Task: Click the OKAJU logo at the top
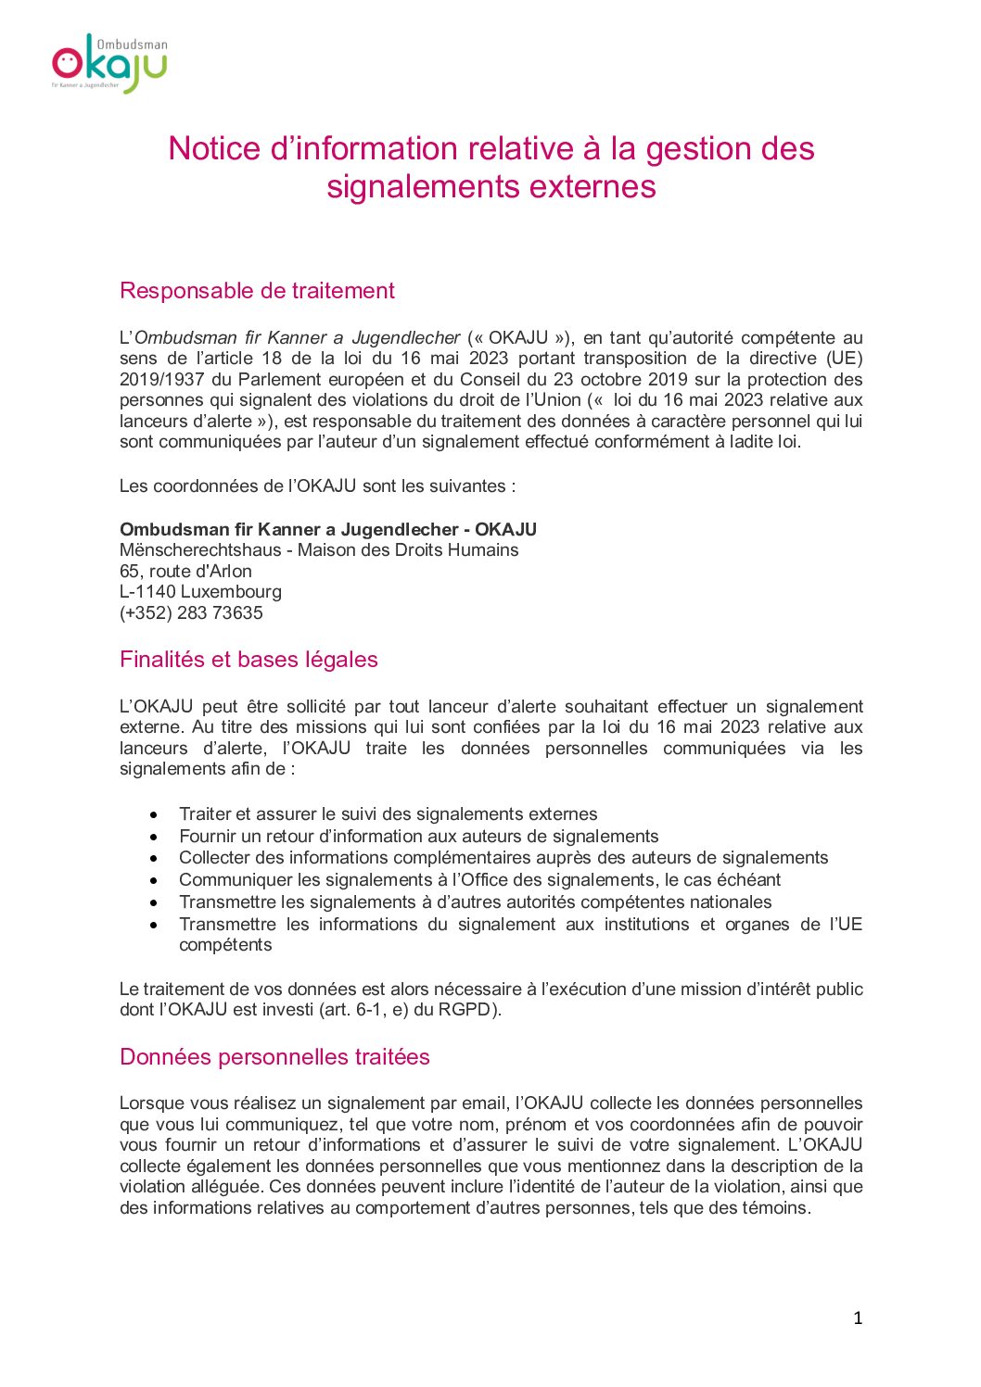tap(109, 64)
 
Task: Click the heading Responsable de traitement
tap(257, 291)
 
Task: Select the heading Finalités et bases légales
tap(248, 660)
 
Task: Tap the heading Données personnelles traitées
tap(274, 1057)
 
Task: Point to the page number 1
tap(858, 1318)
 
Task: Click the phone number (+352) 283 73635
tap(191, 613)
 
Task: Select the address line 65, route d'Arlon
tap(185, 572)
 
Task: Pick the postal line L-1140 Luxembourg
tap(200, 592)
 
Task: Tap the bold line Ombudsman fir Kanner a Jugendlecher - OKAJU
tap(328, 530)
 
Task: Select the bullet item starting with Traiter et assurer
tap(388, 814)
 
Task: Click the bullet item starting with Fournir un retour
tap(418, 837)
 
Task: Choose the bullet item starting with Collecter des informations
tap(503, 858)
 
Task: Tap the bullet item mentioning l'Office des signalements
tap(479, 880)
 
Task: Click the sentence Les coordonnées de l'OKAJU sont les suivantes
tap(317, 486)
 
